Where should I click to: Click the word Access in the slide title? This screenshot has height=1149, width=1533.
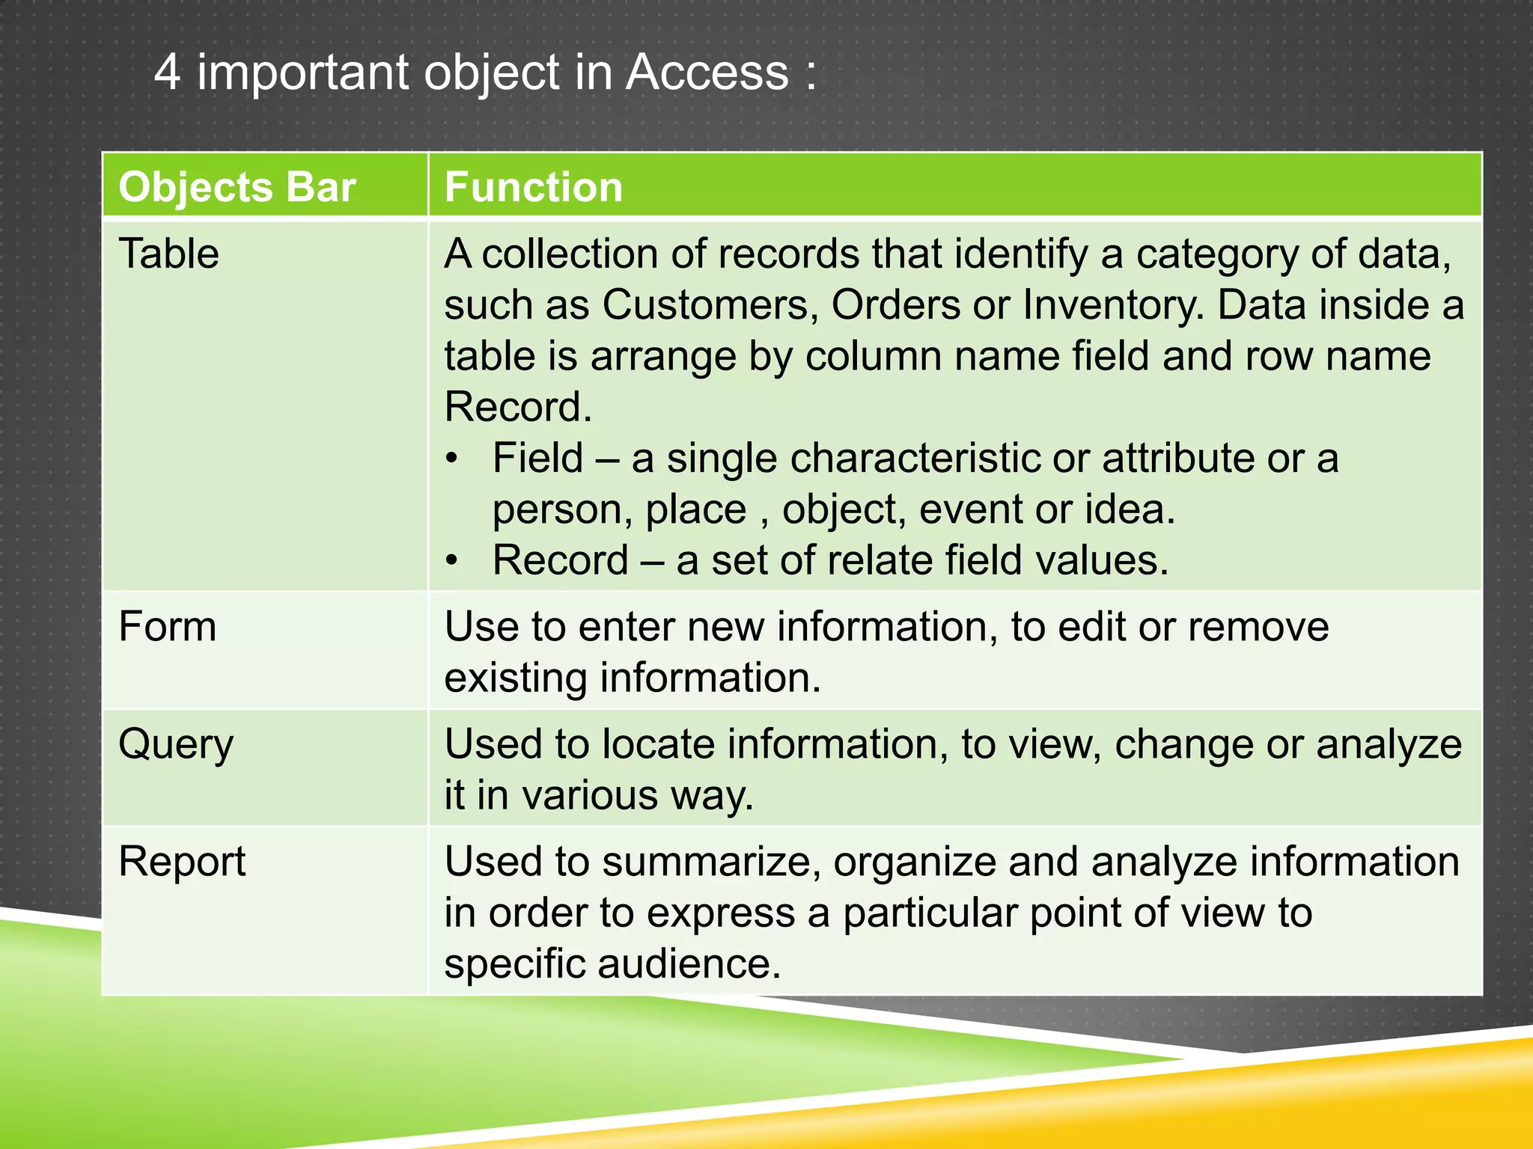coord(707,73)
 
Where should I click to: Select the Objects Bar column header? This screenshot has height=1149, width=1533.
coord(237,186)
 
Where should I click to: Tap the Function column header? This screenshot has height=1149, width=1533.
coord(533,186)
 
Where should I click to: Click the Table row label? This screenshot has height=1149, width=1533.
coord(168,254)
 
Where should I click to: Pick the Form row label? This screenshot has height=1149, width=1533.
coord(167,626)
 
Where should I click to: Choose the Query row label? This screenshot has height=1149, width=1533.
coord(176,744)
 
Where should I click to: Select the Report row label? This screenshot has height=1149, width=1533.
coord(182,862)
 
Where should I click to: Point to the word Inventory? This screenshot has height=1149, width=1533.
coord(1113,305)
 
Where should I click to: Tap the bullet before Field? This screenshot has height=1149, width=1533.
coord(451,459)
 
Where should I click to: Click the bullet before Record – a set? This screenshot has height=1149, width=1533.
coord(451,561)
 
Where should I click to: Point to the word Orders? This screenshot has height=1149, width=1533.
coord(895,305)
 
